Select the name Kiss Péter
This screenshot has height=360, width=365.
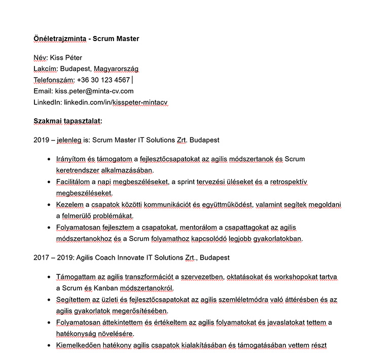tap(66, 58)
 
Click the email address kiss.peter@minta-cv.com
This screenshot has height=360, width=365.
tap(94, 91)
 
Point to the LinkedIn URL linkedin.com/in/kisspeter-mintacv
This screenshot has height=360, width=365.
tap(116, 102)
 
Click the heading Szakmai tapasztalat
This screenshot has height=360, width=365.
tap(67, 121)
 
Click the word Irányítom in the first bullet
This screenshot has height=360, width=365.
tap(72, 159)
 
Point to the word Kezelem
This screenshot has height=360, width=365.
tap(69, 205)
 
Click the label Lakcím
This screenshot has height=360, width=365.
tap(45, 69)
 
